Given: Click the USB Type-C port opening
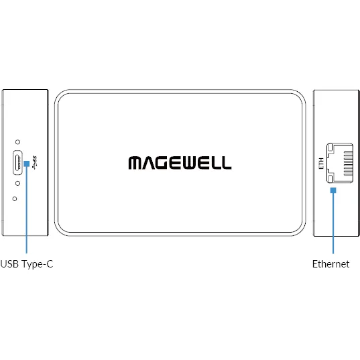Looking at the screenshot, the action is click(x=17, y=162).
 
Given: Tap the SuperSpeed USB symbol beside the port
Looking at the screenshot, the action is click(x=34, y=163).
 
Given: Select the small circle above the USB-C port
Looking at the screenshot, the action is click(x=17, y=142).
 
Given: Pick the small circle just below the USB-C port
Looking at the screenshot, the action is click(x=17, y=183).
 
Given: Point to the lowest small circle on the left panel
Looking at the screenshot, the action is click(x=15, y=199).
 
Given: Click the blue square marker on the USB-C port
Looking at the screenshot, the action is click(x=27, y=164).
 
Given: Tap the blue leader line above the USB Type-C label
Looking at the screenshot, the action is click(x=27, y=210).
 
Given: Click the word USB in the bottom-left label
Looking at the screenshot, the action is click(x=9, y=264).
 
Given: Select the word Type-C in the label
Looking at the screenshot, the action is click(x=37, y=265).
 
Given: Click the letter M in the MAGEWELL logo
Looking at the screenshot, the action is click(x=135, y=163).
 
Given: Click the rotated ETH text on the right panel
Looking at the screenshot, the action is click(x=321, y=163).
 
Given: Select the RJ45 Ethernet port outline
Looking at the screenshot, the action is click(x=340, y=163).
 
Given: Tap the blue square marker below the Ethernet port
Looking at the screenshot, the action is click(x=333, y=190).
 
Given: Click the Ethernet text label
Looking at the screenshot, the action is click(x=331, y=264).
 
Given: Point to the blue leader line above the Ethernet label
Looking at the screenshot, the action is click(x=333, y=223).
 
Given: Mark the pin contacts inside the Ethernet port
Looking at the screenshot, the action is click(x=348, y=163).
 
